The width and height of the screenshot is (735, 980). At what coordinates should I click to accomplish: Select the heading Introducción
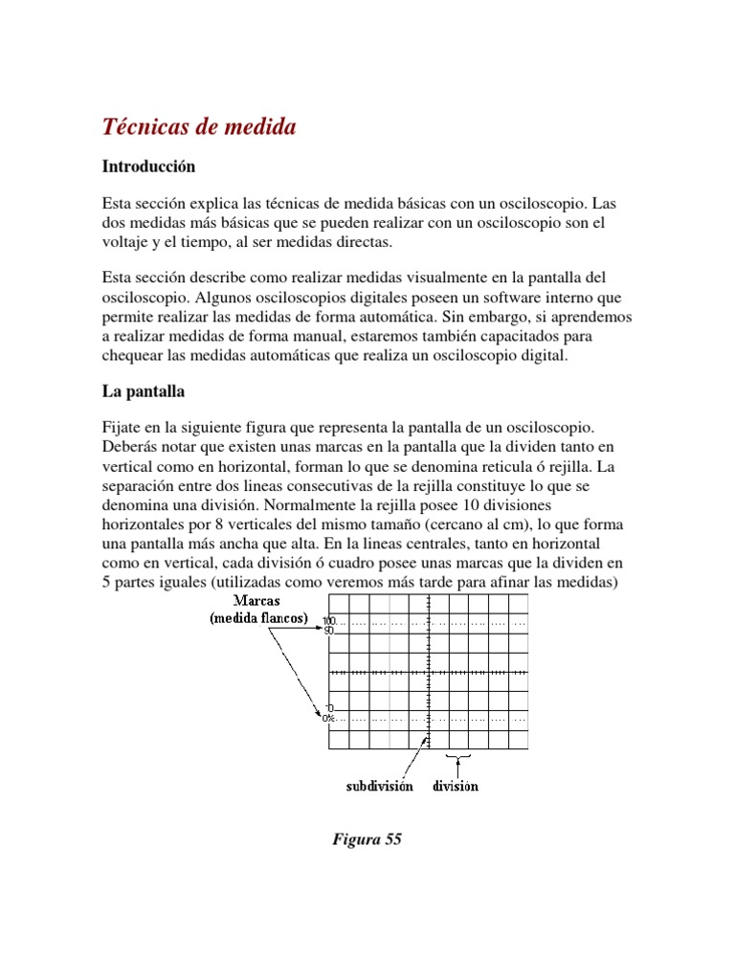click(148, 167)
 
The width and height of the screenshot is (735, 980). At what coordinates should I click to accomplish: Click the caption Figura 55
click(367, 839)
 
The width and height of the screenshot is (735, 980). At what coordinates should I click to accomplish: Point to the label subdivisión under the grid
click(379, 786)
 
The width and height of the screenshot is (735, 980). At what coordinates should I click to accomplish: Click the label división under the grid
click(456, 786)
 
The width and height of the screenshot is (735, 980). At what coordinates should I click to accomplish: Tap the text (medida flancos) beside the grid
click(259, 619)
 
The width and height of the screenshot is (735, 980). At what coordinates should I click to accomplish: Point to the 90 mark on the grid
click(327, 632)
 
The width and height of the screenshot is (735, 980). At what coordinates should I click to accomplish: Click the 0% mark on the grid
click(328, 717)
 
